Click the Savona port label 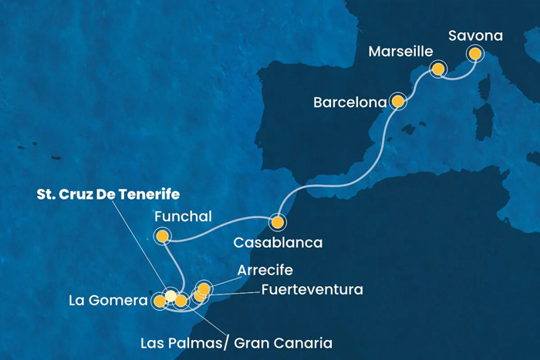479,35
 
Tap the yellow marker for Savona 474,54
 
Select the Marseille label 399,52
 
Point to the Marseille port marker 438,69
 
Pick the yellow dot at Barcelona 398,100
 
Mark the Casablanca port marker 276,223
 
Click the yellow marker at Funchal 162,237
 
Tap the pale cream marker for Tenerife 170,294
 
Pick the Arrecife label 265,270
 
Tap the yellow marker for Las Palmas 181,301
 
